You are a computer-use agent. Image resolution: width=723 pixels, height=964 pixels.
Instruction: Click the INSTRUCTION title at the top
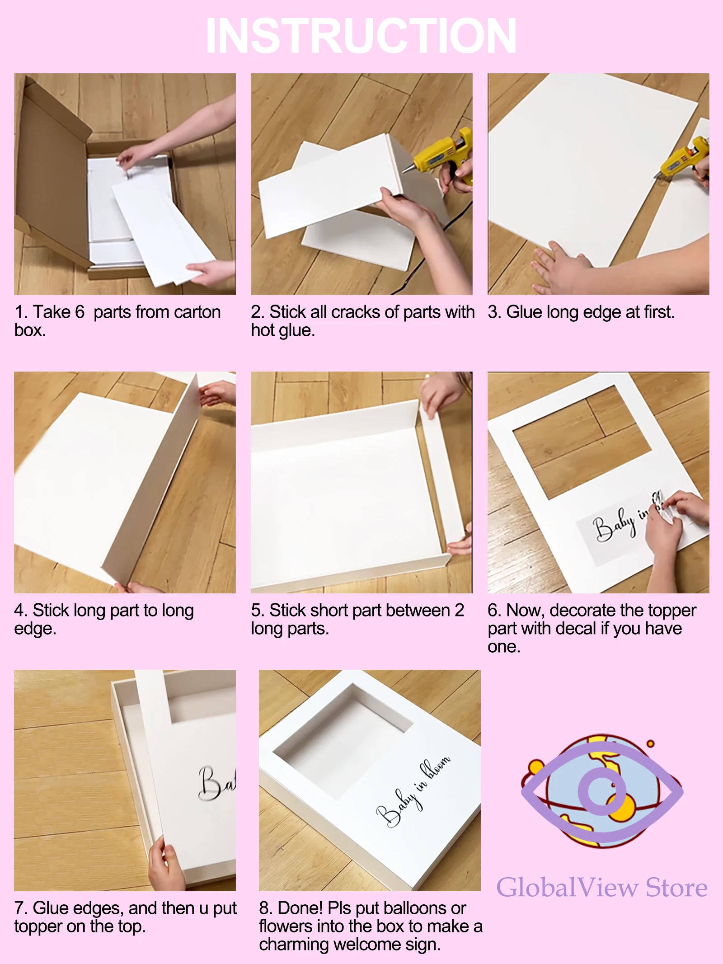point(361,36)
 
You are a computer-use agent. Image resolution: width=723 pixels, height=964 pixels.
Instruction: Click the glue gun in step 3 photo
point(685,158)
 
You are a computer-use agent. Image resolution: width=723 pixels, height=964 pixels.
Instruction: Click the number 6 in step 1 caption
point(80,312)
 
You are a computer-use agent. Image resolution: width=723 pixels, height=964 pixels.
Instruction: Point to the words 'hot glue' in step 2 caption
point(283,330)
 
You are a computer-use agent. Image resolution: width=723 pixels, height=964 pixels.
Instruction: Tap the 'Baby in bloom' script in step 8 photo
point(413,791)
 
